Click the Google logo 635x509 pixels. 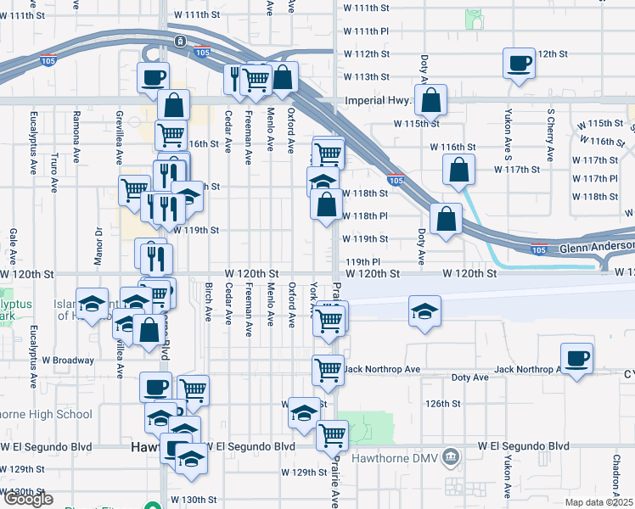tap(29, 499)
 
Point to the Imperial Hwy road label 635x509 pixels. tap(378, 99)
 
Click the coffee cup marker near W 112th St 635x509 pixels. tap(519, 63)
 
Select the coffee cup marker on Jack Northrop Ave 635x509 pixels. tap(577, 358)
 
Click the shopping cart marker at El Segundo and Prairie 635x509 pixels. tap(332, 435)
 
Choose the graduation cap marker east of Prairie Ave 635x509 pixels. tap(424, 310)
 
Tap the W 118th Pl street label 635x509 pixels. tap(366, 216)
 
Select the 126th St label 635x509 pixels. tap(443, 404)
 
